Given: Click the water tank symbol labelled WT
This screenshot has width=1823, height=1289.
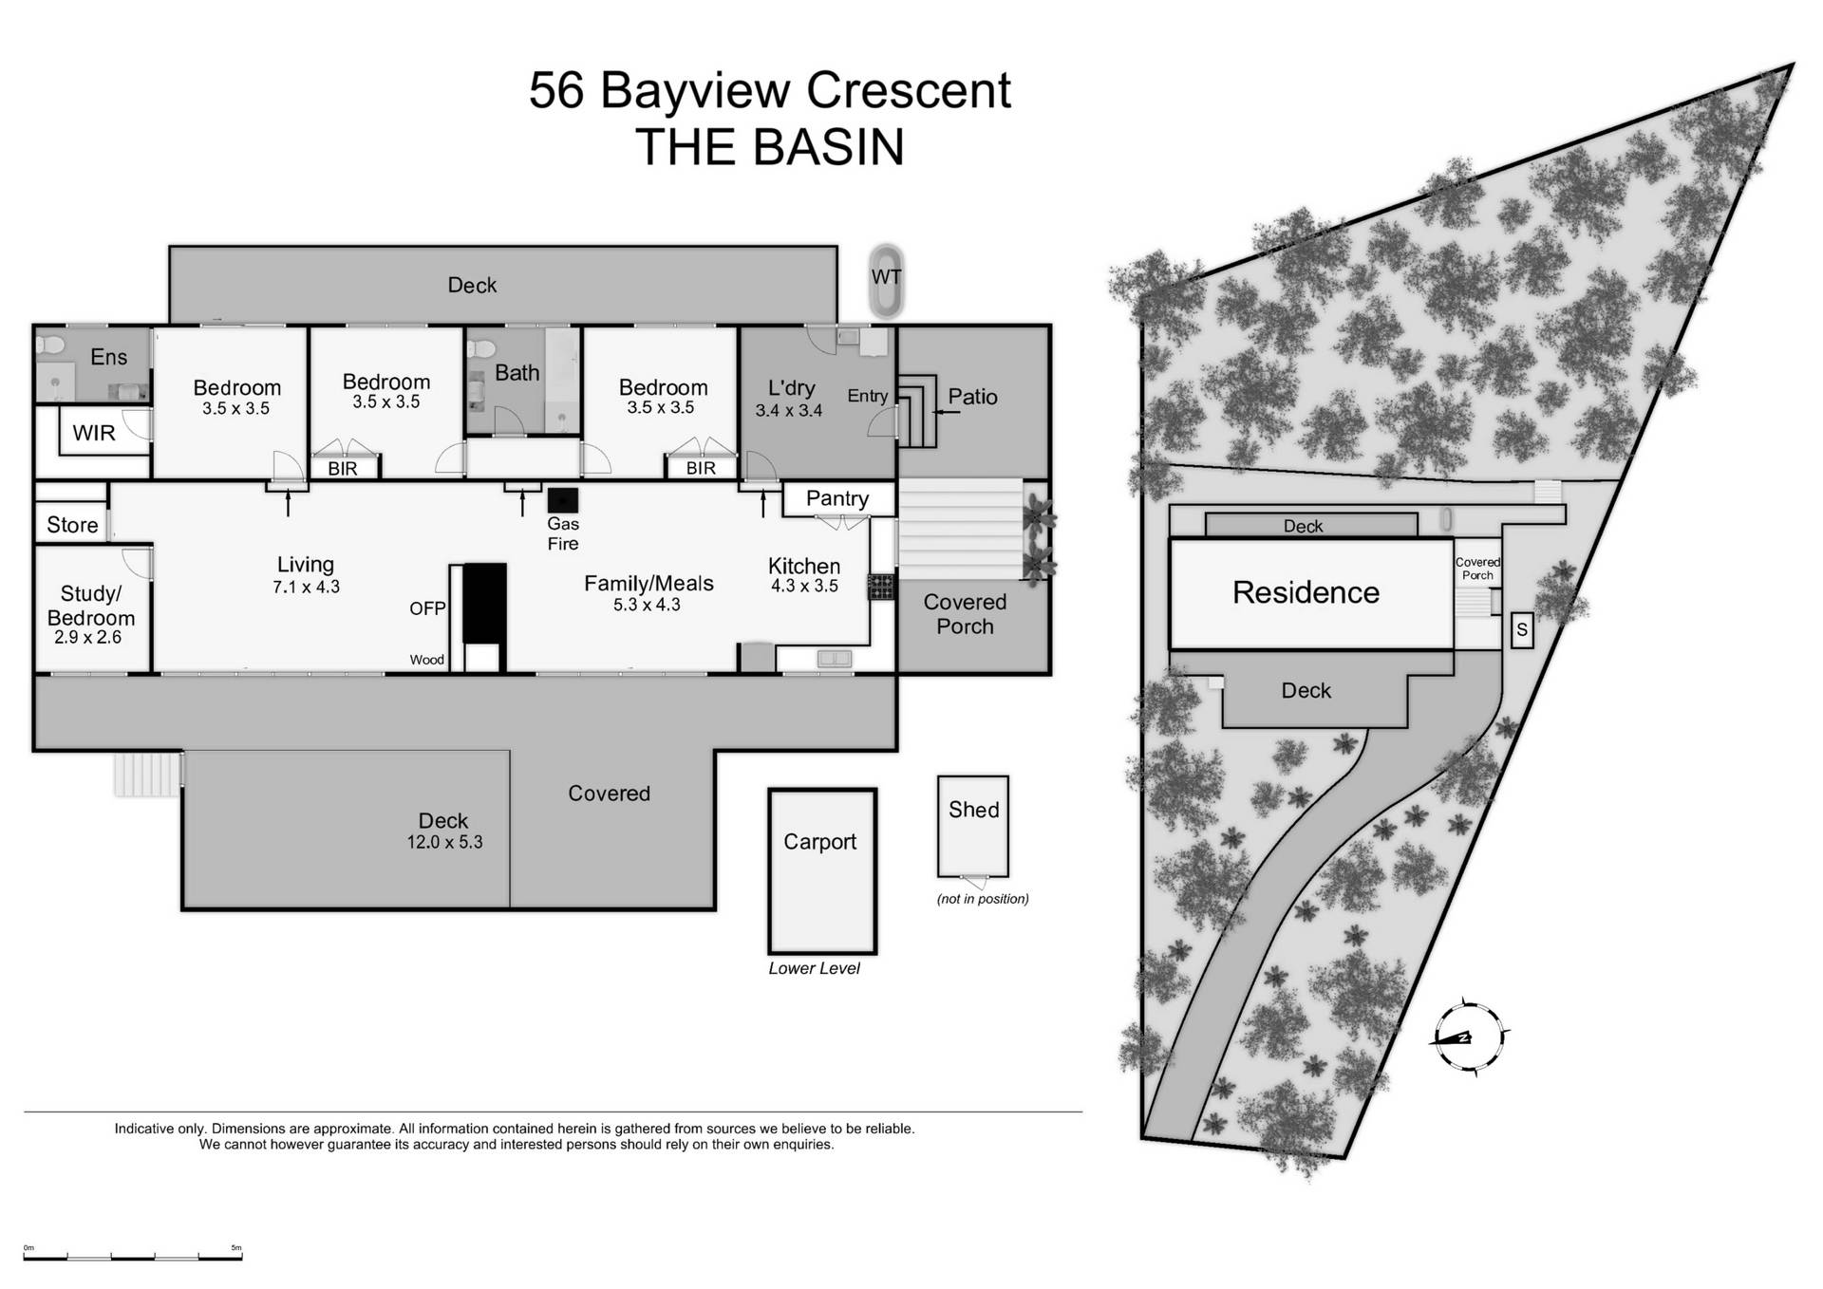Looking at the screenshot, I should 886,281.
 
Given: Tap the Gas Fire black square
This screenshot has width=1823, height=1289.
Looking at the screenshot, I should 563,500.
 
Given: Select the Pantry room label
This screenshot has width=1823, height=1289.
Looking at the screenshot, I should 836,498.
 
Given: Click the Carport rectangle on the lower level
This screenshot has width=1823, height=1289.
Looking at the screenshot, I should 821,870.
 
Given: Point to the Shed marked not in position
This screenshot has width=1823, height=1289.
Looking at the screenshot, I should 972,826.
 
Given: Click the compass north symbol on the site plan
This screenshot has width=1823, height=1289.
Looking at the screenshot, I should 1469,1037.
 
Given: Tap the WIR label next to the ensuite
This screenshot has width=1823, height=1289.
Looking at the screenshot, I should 94,433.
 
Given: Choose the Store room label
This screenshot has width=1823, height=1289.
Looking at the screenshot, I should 72,525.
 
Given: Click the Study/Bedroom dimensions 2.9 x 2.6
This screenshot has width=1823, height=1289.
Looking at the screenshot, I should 87,638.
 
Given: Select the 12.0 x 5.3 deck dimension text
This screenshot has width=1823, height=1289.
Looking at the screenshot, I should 444,842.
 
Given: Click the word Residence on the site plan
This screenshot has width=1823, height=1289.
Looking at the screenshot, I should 1305,592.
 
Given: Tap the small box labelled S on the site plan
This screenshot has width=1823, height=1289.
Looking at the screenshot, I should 1521,630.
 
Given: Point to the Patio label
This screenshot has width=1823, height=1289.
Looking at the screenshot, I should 972,397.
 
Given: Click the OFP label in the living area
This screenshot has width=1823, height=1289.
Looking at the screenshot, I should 427,608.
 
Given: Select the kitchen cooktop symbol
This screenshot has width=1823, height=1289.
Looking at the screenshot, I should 881,587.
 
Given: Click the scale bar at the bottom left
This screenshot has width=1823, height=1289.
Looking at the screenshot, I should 133,1256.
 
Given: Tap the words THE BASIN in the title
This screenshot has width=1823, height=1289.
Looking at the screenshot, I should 769,147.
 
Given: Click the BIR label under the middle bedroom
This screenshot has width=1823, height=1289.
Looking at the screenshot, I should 343,469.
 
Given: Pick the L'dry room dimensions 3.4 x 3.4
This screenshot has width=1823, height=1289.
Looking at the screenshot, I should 788,411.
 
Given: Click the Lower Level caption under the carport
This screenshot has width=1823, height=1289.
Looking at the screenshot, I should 814,968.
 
